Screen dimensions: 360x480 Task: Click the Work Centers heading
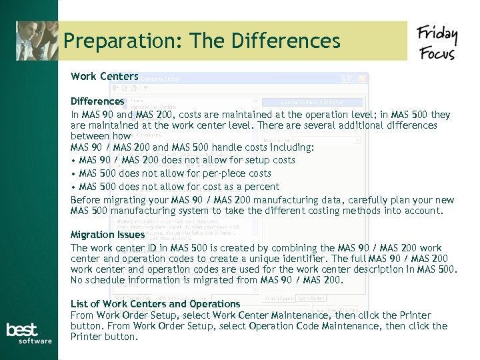[105, 77]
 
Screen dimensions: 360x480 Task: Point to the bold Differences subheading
[97, 101]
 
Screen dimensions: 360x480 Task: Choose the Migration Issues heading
[107, 235]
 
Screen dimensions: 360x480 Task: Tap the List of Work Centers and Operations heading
[155, 304]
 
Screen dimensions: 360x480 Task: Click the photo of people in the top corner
[37, 41]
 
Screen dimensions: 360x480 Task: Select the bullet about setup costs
[187, 160]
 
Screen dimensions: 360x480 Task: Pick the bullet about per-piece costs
[175, 173]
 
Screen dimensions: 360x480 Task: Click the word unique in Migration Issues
[289, 259]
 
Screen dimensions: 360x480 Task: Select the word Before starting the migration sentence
[85, 200]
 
